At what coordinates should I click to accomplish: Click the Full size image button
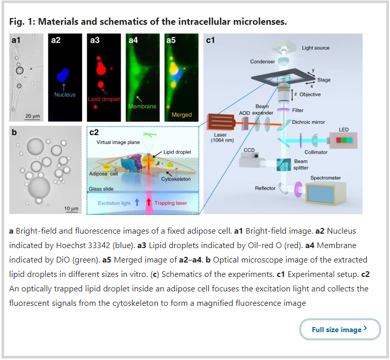click(x=340, y=330)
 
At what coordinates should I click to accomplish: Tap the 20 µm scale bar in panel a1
click(x=32, y=120)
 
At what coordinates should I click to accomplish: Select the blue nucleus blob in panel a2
click(x=63, y=75)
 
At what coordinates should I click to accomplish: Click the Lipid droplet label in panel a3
click(x=104, y=99)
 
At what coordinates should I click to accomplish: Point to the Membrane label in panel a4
click(x=142, y=106)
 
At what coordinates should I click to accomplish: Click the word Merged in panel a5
click(x=182, y=115)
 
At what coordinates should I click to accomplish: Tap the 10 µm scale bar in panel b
click(x=71, y=212)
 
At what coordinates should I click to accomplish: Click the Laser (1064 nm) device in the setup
click(x=221, y=122)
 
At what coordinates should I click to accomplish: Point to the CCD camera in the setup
click(x=250, y=160)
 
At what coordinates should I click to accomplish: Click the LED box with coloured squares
click(x=344, y=140)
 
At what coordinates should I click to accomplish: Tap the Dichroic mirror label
click(x=308, y=122)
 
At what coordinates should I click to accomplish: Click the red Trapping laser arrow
click(x=149, y=202)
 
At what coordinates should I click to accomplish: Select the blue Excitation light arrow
click(x=137, y=202)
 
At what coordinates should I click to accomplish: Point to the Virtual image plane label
click(x=118, y=142)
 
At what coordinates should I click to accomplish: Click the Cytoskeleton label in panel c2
click(x=176, y=179)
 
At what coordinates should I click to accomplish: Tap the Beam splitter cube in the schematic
click(x=284, y=165)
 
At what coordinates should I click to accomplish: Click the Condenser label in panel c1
click(x=263, y=61)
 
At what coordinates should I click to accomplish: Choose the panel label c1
click(x=210, y=40)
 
